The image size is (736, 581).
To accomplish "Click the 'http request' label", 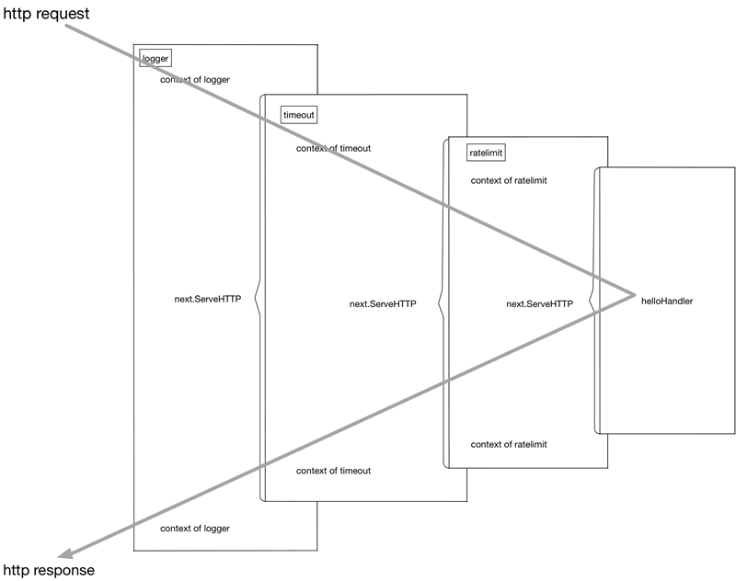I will (46, 14).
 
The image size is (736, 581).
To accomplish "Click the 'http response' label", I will (48, 571).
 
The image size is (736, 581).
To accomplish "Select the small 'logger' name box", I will (155, 59).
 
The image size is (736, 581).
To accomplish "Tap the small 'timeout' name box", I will (299, 115).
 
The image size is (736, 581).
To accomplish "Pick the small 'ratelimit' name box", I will (486, 153).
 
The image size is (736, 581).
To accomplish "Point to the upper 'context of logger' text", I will (195, 80).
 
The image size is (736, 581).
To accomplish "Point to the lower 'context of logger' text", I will (195, 529).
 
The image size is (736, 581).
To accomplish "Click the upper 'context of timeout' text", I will (333, 148).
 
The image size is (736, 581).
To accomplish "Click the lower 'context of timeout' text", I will (333, 471).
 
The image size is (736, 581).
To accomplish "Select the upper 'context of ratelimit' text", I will (509, 180).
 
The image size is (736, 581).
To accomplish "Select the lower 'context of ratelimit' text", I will (509, 445).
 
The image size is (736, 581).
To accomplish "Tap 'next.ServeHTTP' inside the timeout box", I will (384, 304).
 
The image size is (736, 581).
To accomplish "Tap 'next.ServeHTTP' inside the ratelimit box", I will (540, 303).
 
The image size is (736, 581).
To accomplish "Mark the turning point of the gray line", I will (635, 295).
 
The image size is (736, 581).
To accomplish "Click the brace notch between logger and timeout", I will (257, 300).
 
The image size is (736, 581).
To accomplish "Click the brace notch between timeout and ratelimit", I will (440, 303).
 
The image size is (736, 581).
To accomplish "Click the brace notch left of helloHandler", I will (591, 300).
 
